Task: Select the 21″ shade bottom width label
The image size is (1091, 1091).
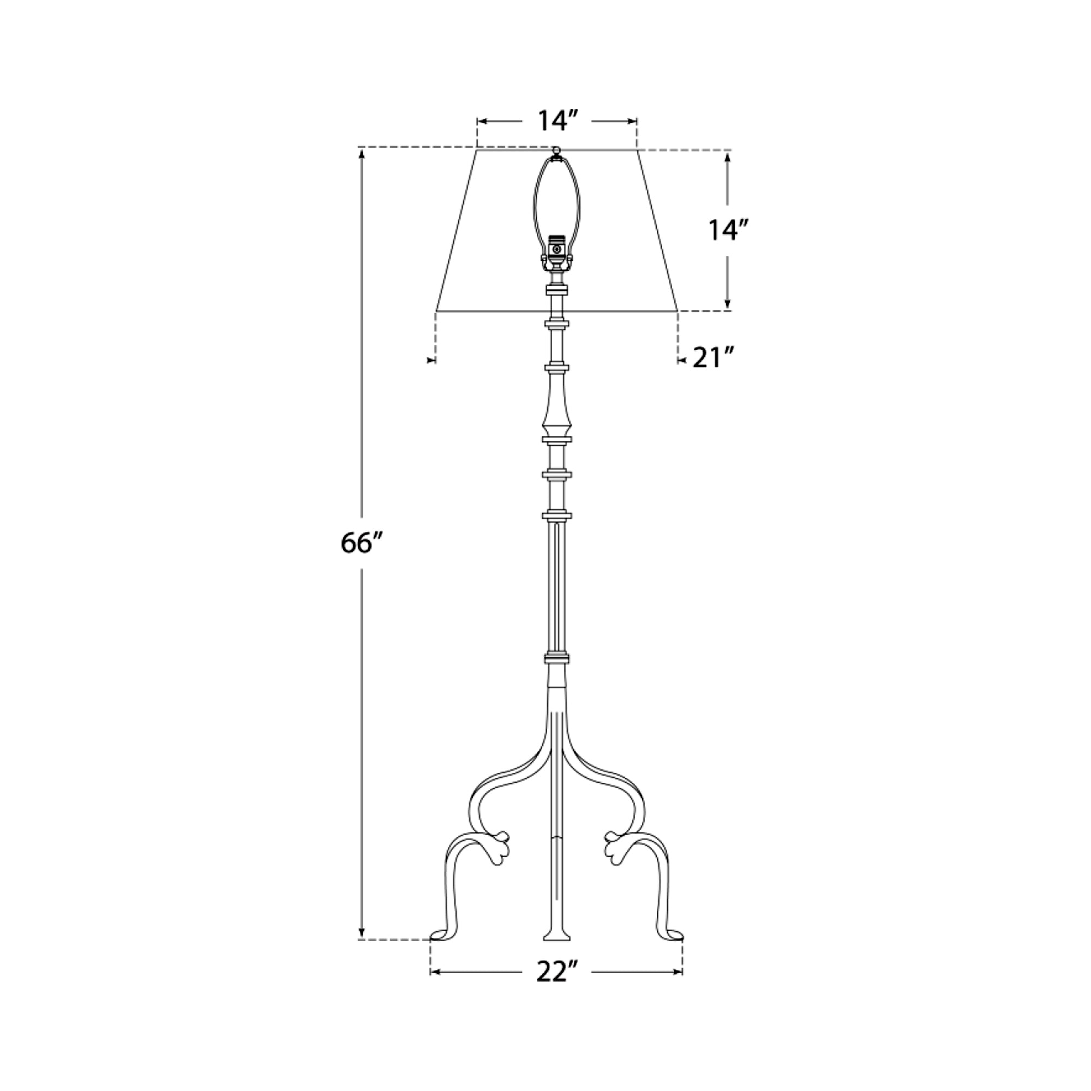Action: [x=713, y=357]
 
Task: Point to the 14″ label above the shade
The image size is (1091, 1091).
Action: [x=558, y=121]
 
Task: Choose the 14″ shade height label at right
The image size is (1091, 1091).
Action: [x=729, y=230]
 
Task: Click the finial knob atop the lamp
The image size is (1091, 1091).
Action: [x=557, y=150]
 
